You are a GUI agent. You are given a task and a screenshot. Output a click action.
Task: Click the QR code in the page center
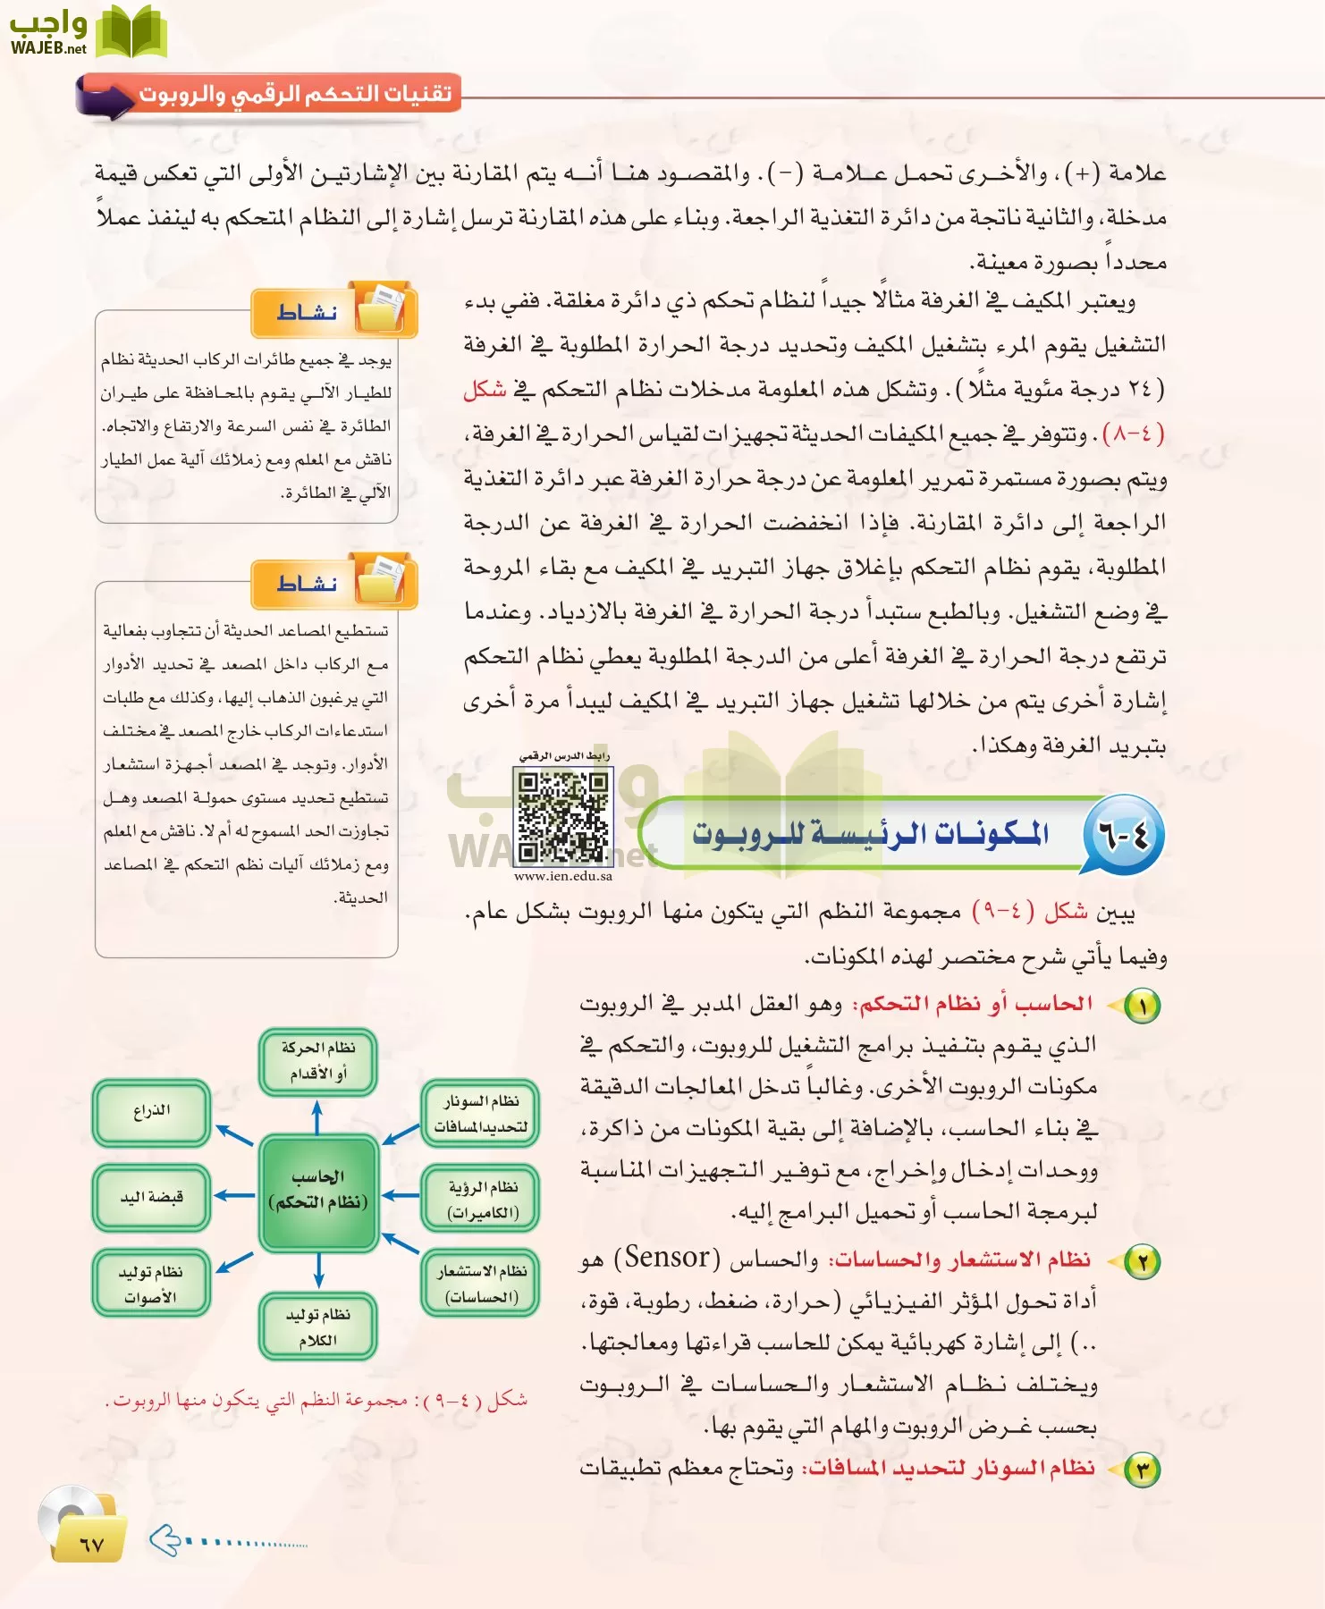point(563,816)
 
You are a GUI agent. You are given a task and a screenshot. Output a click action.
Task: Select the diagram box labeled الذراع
point(151,1111)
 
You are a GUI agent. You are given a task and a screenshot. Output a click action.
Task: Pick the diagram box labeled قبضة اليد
point(151,1197)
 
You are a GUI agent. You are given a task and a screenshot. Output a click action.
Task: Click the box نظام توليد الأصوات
point(151,1284)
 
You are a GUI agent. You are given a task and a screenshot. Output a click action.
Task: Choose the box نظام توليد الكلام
point(318,1327)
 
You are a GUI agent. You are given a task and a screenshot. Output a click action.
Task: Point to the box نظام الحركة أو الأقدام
point(318,1061)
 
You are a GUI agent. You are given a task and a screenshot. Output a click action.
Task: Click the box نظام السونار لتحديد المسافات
point(480,1114)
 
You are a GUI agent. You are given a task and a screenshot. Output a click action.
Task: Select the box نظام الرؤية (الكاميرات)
point(481,1200)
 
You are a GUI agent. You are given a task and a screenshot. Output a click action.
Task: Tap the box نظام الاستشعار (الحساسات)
point(481,1284)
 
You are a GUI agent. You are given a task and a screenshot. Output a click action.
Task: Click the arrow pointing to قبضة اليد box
point(235,1195)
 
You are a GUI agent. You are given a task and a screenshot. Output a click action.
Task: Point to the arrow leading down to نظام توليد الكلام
point(318,1270)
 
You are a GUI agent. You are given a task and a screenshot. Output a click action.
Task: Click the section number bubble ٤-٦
point(1122,836)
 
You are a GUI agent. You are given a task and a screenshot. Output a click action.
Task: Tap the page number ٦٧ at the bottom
point(90,1544)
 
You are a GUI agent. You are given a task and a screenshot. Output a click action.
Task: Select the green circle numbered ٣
point(1142,1470)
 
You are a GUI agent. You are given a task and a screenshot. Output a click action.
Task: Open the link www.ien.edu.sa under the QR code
point(563,877)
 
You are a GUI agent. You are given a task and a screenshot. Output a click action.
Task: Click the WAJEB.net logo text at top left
point(48,49)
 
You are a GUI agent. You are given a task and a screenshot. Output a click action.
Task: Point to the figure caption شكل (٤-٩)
point(316,1400)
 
